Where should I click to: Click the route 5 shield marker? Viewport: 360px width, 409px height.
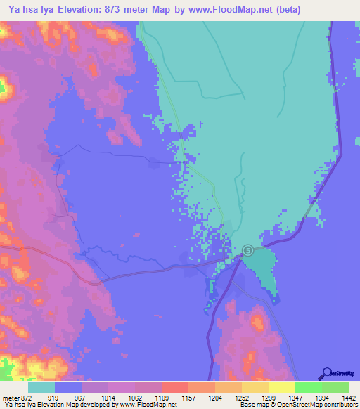click(248, 250)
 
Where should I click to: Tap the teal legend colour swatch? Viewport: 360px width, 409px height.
click(41, 387)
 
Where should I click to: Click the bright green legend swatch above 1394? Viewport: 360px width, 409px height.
click(309, 387)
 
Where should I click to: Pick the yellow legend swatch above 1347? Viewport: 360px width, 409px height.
click(282, 387)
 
